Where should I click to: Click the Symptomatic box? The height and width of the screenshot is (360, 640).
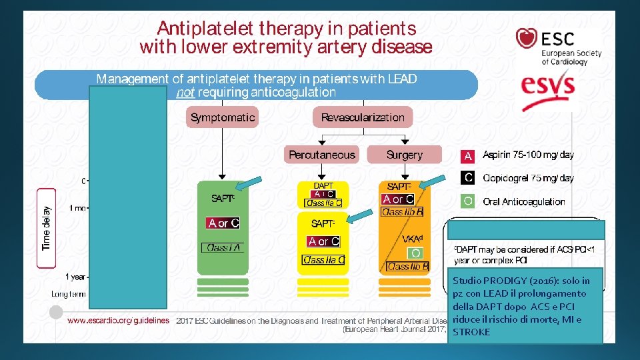[x=223, y=117]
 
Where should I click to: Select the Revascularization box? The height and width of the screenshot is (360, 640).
[x=363, y=117]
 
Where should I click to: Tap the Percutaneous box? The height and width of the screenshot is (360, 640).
[x=322, y=155]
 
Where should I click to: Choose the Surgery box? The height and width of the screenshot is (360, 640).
[x=405, y=155]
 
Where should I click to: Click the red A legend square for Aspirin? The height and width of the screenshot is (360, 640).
[x=468, y=156]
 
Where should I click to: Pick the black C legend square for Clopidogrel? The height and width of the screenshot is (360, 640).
[x=468, y=178]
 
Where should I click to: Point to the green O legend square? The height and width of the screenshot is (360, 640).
[x=468, y=201]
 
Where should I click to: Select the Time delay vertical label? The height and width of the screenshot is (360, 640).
[x=46, y=227]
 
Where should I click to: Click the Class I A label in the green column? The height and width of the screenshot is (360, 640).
[x=223, y=247]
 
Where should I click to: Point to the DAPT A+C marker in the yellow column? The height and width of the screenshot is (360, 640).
[x=323, y=194]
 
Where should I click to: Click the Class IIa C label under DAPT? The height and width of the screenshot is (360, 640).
[x=323, y=203]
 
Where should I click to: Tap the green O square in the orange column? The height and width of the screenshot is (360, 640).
[x=416, y=253]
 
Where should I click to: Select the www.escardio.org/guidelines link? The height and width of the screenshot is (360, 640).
[x=118, y=321]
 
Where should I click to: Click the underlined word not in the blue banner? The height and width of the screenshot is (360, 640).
[x=185, y=92]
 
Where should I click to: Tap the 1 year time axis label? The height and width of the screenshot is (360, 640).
[x=75, y=277]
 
